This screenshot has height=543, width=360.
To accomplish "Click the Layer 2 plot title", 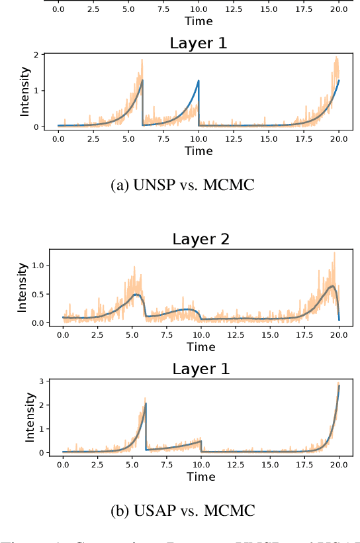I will pyautogui.click(x=201, y=239).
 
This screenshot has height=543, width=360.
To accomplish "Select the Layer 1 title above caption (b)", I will pyautogui.click(x=201, y=369).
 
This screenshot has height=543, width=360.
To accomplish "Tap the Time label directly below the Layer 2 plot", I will pyautogui.click(x=201, y=346).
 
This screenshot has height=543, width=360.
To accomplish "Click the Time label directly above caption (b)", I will pyautogui.click(x=201, y=477).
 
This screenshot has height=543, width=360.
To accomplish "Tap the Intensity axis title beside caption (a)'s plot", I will pyautogui.click(x=24, y=91).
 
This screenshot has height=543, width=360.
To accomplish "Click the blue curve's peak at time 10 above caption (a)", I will pyautogui.click(x=199, y=81).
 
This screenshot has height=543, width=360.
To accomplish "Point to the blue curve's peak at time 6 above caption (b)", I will pyautogui.click(x=146, y=403).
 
